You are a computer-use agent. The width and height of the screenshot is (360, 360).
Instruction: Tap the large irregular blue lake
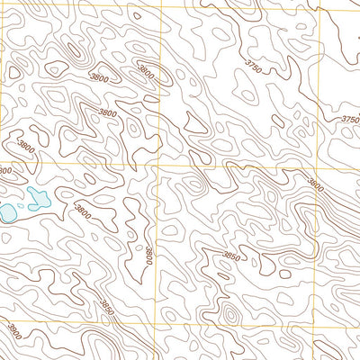tap(37, 199)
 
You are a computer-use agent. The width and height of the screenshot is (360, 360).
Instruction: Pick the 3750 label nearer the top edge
tap(256, 65)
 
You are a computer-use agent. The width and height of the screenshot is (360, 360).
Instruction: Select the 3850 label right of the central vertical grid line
tap(233, 256)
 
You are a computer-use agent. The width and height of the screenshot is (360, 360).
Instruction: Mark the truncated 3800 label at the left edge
tap(4, 171)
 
